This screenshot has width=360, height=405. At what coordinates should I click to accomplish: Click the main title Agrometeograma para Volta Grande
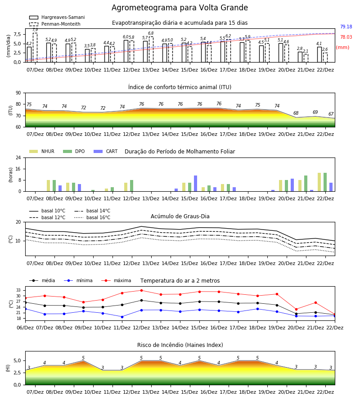pos(180,8)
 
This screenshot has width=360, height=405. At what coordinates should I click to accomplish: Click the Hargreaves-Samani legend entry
pos(57,17)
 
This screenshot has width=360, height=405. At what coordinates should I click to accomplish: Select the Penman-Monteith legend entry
pos(55,24)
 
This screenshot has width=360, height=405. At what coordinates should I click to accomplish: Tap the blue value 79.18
pos(346,27)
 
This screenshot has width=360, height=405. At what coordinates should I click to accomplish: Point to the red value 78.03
pos(346,37)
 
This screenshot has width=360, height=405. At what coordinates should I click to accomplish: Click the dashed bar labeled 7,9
pos(35,48)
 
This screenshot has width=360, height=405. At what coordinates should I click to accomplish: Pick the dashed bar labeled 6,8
pos(151,49)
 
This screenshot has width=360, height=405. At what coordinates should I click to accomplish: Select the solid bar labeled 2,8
pos(300,57)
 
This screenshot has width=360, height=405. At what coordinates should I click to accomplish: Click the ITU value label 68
pos(296,113)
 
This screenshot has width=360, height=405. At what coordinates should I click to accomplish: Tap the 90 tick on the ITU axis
pos(18,93)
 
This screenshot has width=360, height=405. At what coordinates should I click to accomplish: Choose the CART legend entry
pos(106,151)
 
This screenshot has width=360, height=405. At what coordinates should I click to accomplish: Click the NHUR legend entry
pos(42,151)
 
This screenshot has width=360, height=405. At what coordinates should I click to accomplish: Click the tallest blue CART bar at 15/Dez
pos(195,184)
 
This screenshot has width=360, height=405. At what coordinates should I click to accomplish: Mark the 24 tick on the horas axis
pos(18,157)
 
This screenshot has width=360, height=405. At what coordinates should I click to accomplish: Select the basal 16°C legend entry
pos(92,217)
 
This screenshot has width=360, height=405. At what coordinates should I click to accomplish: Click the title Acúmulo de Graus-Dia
pos(180,216)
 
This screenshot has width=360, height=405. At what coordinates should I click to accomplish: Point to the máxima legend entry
pos(116,280)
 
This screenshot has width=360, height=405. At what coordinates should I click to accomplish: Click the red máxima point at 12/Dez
pos(141,290)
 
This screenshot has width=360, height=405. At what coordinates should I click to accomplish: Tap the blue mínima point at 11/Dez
pos(122,317)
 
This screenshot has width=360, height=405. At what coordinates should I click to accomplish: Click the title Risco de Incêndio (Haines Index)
pos(180,345)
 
